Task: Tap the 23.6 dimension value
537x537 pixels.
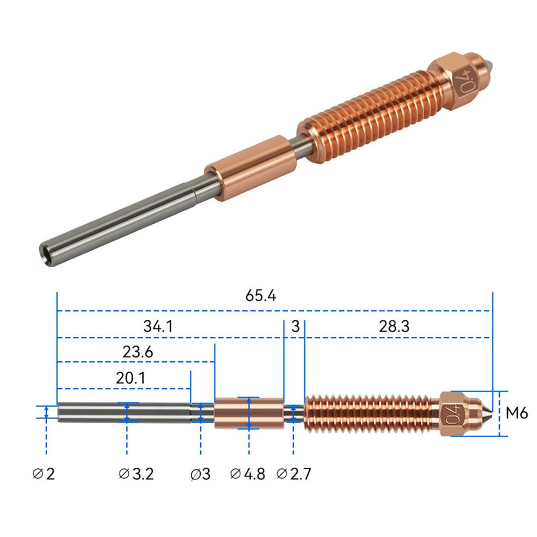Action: coord(138,352)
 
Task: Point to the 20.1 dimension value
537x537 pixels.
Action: coord(130,378)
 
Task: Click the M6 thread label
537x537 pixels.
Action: coord(517,413)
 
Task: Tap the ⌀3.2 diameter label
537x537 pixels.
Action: coord(136,474)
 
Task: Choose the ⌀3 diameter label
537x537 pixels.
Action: coord(201,474)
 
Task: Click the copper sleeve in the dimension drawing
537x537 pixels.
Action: coord(248,413)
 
